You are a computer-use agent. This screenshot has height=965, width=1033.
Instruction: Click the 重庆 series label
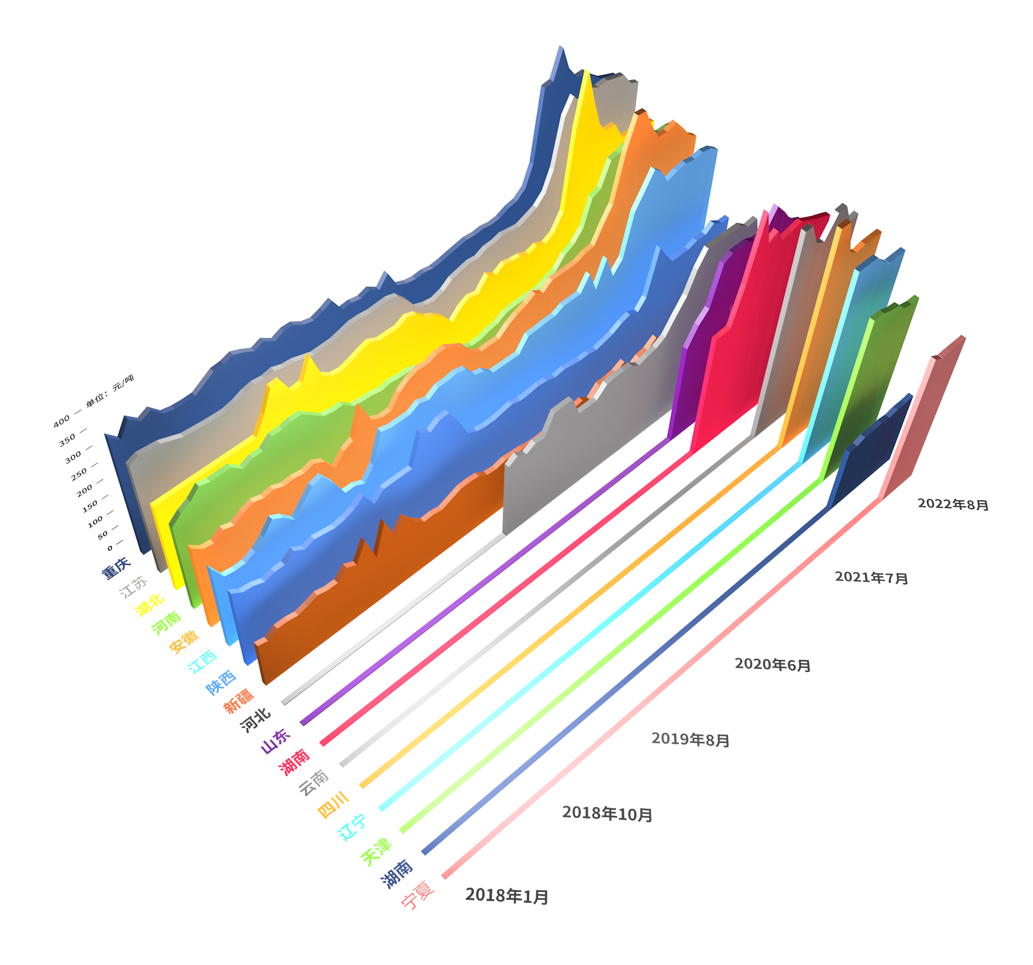(x=116, y=568)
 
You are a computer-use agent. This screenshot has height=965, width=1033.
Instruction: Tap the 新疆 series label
(x=239, y=701)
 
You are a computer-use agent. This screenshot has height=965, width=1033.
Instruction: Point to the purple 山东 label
(x=275, y=741)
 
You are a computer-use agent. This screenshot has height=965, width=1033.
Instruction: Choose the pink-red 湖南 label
(x=294, y=762)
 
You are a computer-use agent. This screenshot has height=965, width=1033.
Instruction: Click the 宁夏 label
(x=418, y=894)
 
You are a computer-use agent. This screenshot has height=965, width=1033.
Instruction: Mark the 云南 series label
(x=314, y=783)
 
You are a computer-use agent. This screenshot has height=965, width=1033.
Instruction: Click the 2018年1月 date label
(x=507, y=896)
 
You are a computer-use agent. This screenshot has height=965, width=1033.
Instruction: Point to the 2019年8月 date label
(x=691, y=739)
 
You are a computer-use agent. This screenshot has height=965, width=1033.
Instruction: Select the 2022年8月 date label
(x=953, y=504)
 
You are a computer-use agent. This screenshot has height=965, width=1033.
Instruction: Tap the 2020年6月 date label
(x=773, y=665)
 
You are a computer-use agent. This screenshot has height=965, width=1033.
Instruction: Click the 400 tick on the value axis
(x=61, y=422)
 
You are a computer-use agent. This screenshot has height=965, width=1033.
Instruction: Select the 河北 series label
(x=256, y=720)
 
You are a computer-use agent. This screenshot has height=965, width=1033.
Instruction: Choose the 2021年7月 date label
(x=871, y=578)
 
